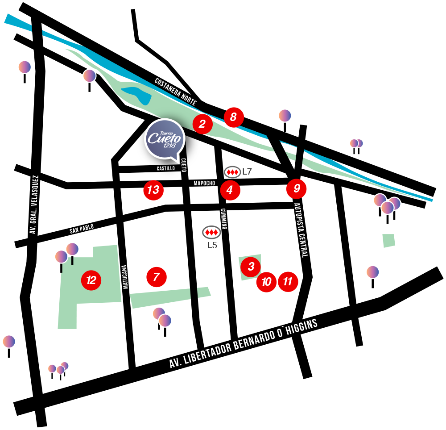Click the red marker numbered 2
(202, 124)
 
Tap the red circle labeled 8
(233, 117)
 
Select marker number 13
(153, 190)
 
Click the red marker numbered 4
(230, 190)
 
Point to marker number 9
(297, 188)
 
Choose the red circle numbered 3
(251, 267)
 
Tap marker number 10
(266, 282)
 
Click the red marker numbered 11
(288, 282)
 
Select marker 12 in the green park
(91, 280)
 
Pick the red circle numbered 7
(156, 277)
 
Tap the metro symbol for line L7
(232, 172)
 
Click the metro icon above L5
(211, 232)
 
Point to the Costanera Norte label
(175, 92)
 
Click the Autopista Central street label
(301, 230)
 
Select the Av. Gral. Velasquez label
(34, 205)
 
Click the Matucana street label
(125, 277)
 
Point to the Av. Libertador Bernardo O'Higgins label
(244, 343)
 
